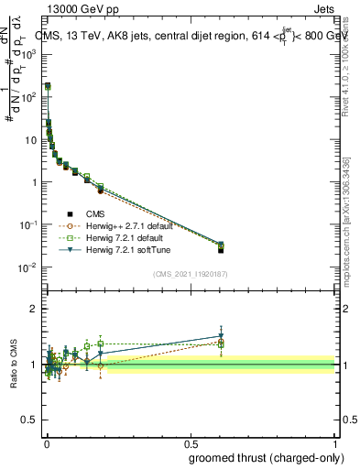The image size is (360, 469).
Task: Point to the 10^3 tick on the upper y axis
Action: pos(29,54)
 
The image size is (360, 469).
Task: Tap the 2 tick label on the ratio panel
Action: pos(33,309)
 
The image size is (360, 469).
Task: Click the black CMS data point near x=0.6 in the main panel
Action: pos(221,250)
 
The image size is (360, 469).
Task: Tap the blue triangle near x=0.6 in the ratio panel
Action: pos(221,335)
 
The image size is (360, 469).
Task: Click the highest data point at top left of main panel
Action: pos(48,86)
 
